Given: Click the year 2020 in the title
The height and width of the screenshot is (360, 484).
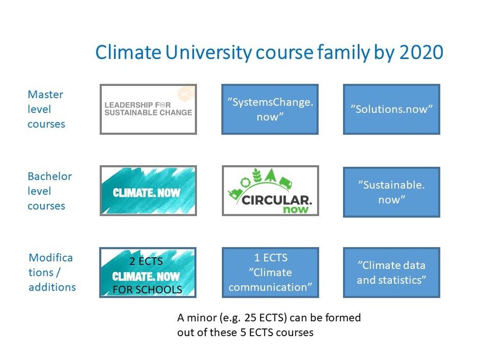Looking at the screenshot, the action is (422, 52).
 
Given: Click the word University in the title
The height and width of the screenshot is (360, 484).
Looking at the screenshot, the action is (208, 53).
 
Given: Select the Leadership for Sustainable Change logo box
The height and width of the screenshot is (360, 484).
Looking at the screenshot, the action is (148, 109).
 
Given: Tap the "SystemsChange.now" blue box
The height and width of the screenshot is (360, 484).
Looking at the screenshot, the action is (270, 109).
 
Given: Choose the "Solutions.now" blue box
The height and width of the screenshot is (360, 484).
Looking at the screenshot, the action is (391, 109).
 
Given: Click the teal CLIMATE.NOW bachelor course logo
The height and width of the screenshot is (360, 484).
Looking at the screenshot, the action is (148, 191).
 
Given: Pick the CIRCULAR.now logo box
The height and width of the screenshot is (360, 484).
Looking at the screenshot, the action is (271, 191).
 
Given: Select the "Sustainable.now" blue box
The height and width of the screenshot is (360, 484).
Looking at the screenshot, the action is (391, 192).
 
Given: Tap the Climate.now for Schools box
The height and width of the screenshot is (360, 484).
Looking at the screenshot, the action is (148, 273).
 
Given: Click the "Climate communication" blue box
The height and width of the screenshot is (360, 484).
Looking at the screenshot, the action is (271, 273).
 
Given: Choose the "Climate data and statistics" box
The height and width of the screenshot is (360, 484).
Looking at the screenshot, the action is (391, 273).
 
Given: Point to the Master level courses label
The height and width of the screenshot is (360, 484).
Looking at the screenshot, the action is (46, 109).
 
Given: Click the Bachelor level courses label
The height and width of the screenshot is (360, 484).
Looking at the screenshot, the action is (50, 191).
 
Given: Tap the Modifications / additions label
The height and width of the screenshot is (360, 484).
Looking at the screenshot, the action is (52, 273).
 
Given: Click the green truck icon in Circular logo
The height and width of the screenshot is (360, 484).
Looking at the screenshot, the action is (285, 183).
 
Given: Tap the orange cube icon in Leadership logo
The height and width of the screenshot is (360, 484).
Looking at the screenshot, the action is (186, 94).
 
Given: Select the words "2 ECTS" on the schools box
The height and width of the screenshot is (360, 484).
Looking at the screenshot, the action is (146, 262).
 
